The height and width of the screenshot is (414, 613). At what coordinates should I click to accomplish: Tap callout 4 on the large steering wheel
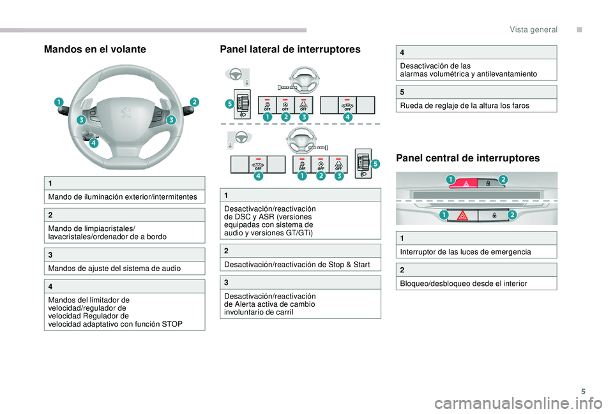pyautogui.click(x=94, y=144)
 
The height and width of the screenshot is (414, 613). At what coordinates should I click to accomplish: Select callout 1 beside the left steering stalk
pyautogui.click(x=59, y=102)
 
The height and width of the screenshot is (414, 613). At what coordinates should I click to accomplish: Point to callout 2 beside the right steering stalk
pyautogui.click(x=194, y=102)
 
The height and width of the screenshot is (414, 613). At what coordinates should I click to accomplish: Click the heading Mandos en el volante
pyautogui.click(x=95, y=49)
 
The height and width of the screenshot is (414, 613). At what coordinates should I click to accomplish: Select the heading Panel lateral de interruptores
pyautogui.click(x=291, y=49)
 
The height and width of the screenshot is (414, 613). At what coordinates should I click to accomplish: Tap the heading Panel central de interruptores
pyautogui.click(x=468, y=158)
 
